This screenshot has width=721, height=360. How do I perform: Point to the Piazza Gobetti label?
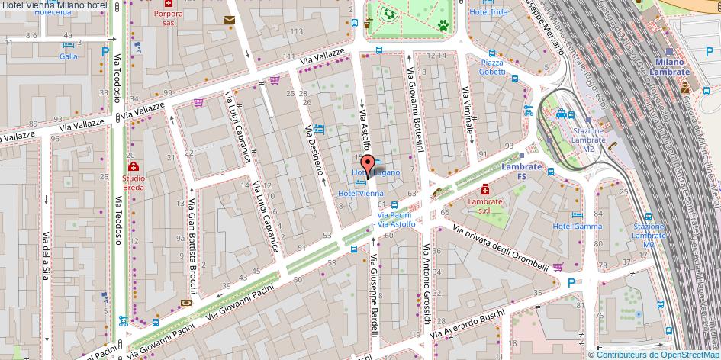pos(492,67)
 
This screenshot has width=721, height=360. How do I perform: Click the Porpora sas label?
pos(168,18)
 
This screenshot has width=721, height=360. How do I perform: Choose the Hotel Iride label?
pos(489,12)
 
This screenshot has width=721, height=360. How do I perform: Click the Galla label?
pos(69,56)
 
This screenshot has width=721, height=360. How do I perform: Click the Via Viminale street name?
pos(468,114)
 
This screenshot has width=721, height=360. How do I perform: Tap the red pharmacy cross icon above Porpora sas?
pos(169,3)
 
